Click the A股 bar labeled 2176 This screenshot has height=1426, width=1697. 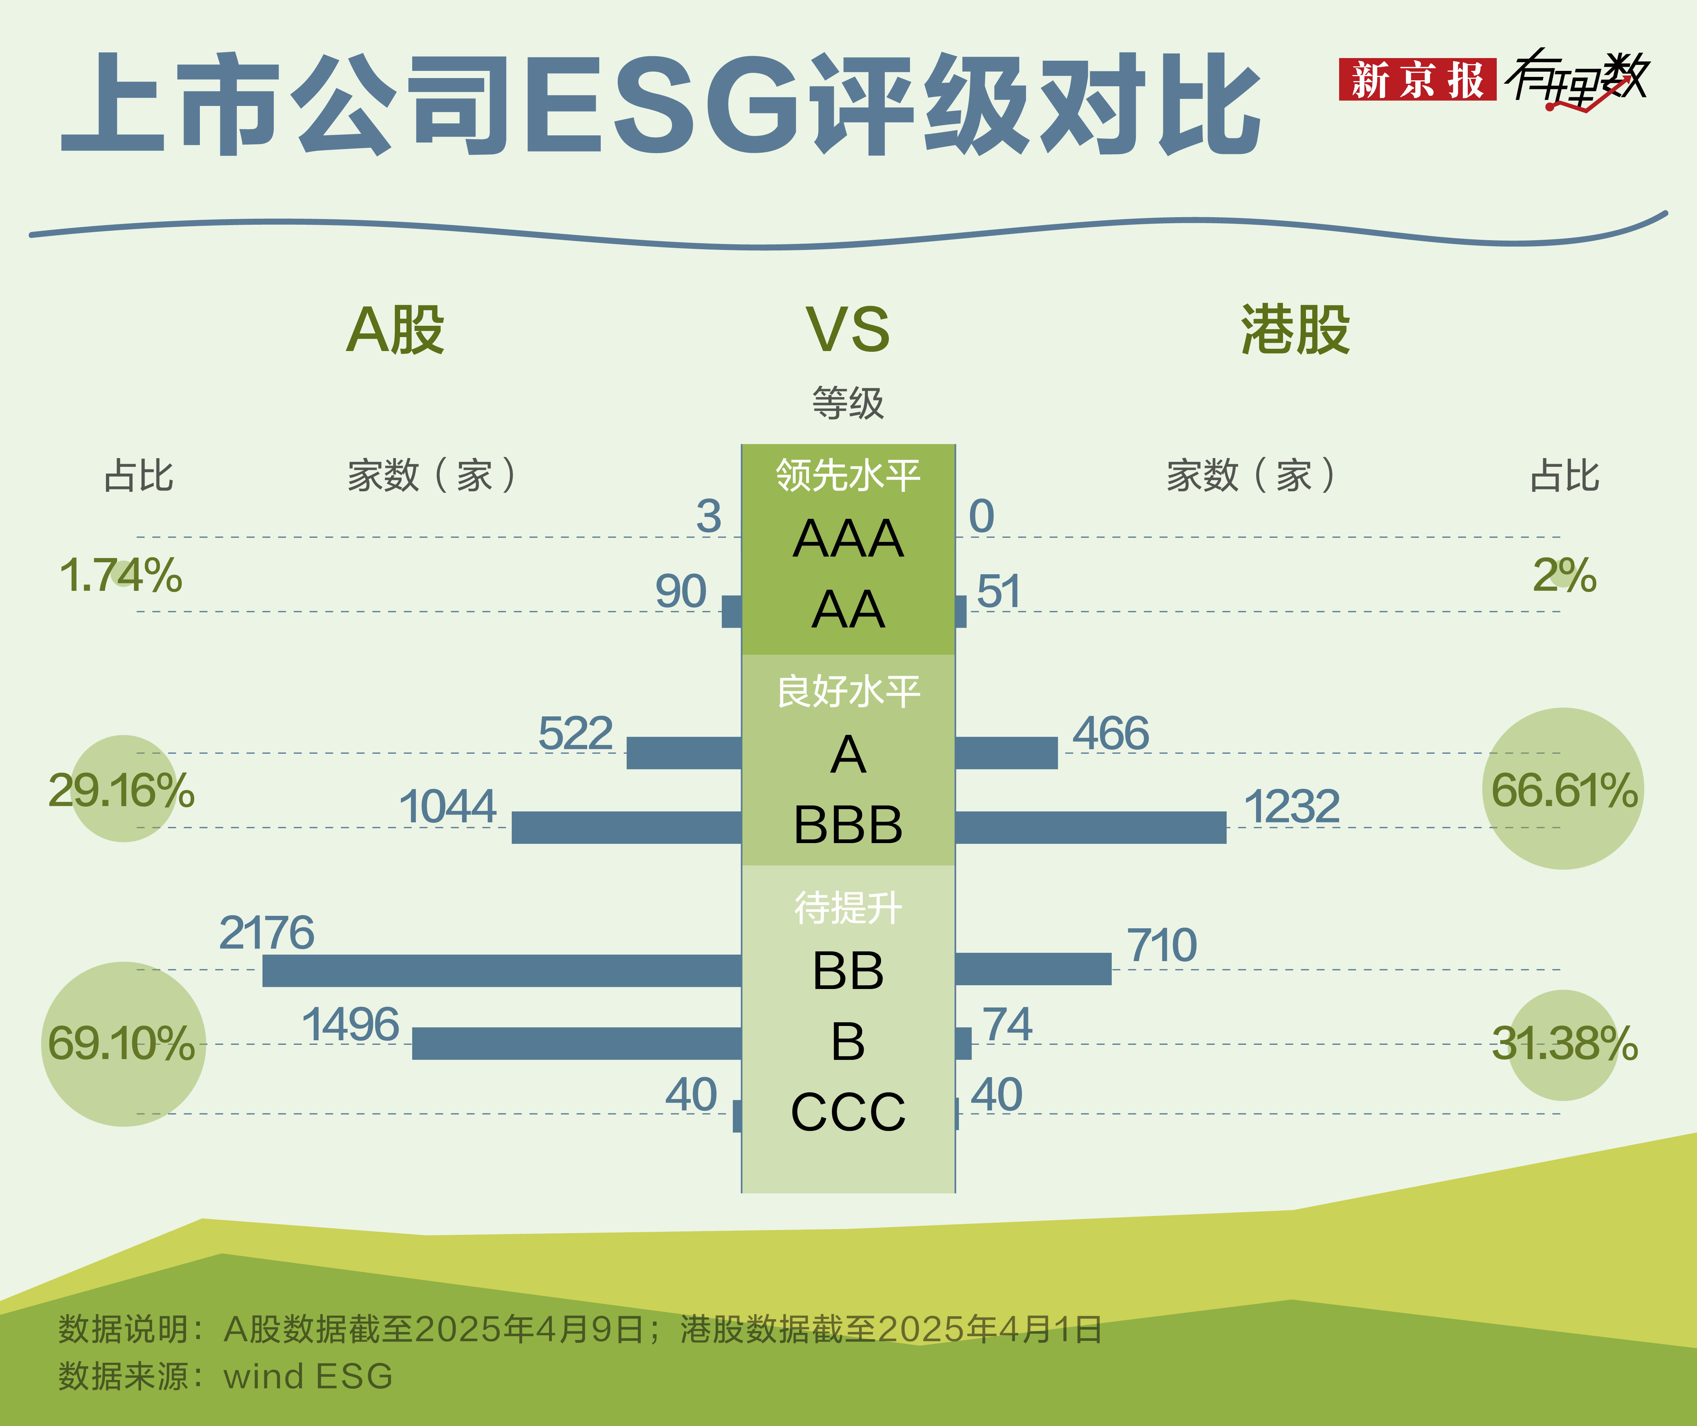[x=502, y=970]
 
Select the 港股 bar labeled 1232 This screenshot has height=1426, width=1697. [x=1091, y=827]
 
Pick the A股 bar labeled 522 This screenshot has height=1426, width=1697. [x=684, y=753]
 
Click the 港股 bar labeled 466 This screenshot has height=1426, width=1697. [x=1007, y=753]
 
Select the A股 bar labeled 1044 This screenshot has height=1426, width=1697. [x=627, y=827]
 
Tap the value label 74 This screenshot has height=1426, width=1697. [x=1007, y=1024]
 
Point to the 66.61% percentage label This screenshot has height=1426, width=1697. [x=1564, y=790]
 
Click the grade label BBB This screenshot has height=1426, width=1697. [x=848, y=825]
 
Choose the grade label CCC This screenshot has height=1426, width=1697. [x=848, y=1112]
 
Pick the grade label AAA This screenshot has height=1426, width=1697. [x=848, y=538]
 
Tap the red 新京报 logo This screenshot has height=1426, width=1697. [x=1417, y=79]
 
